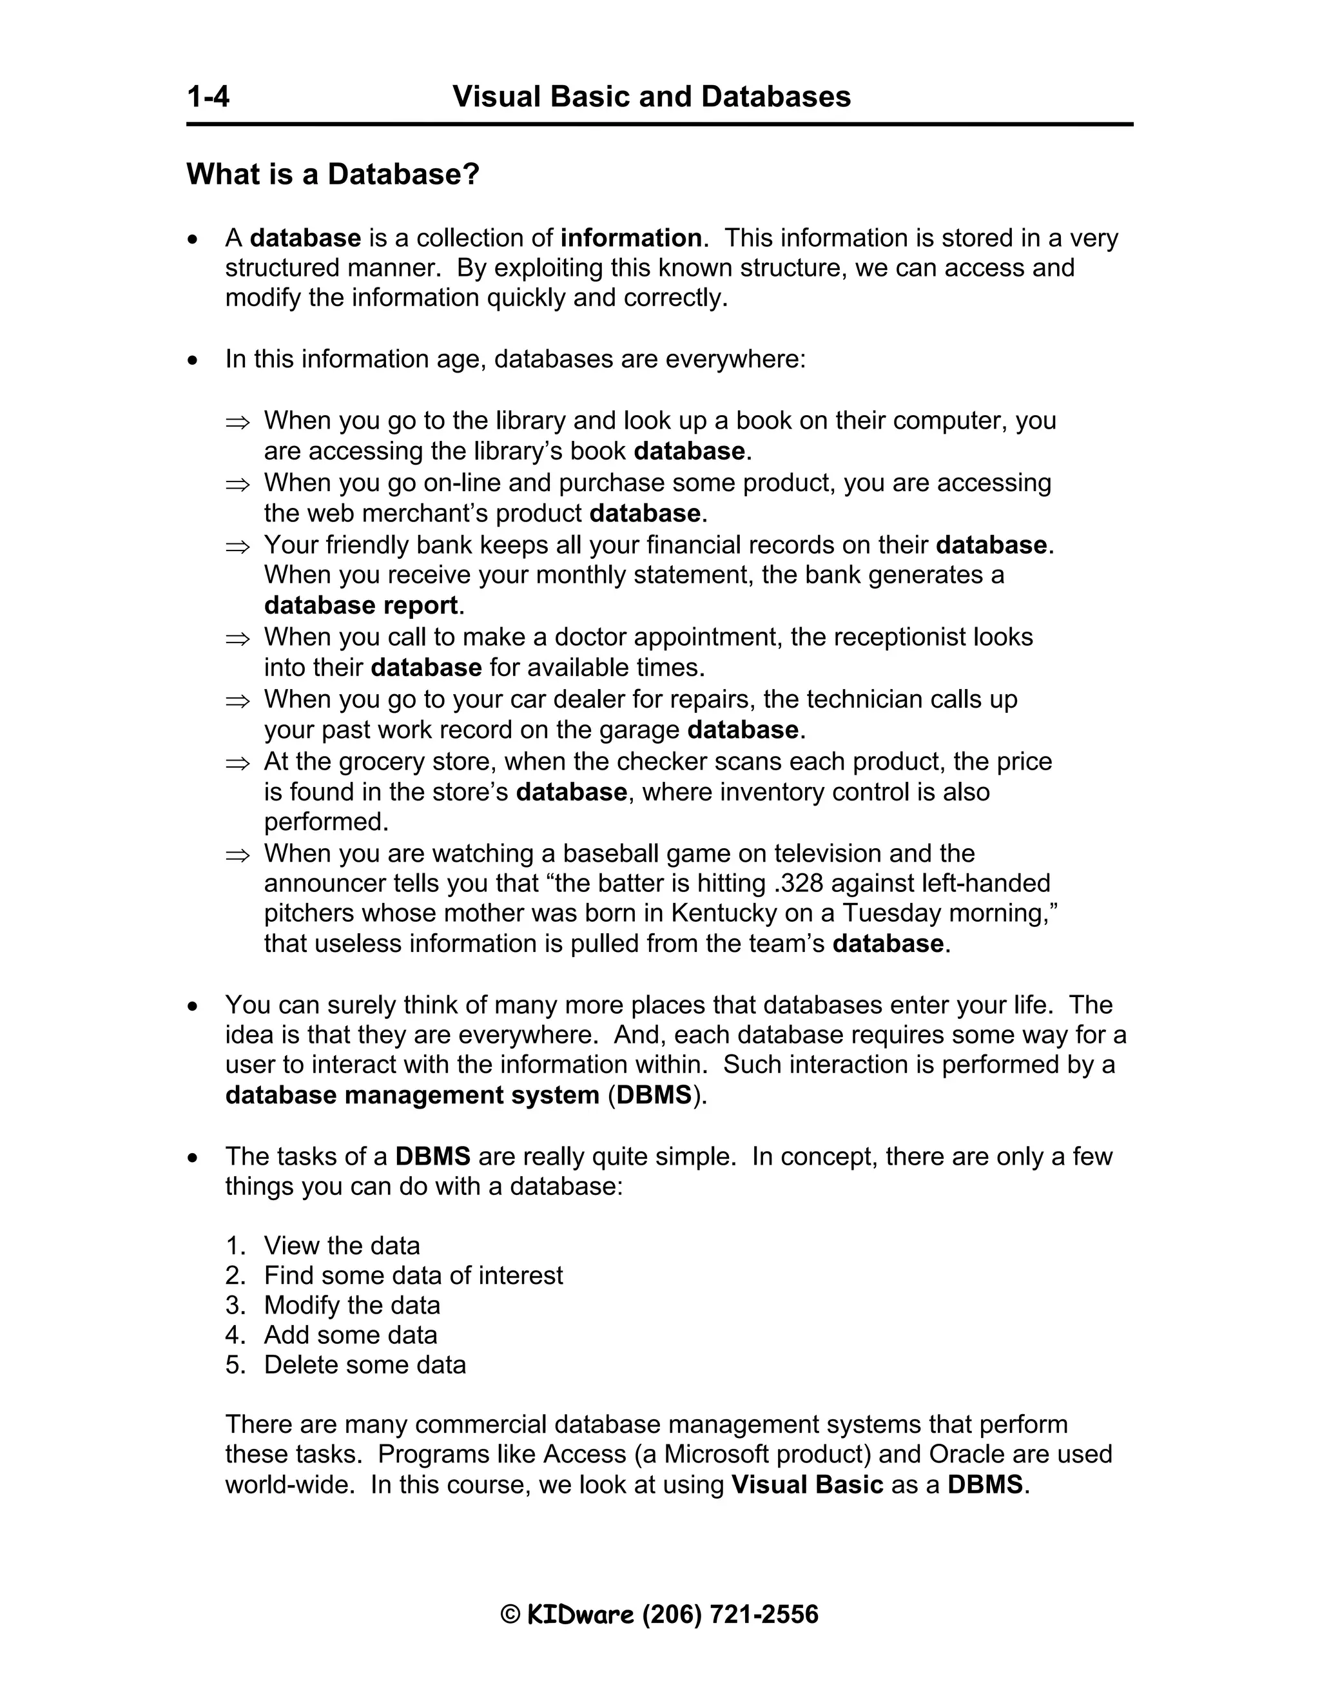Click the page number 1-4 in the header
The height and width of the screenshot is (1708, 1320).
pos(208,97)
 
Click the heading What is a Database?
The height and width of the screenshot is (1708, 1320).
pos(333,173)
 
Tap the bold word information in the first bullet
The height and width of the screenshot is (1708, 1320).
pos(631,238)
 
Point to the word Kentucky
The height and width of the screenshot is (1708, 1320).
pos(723,913)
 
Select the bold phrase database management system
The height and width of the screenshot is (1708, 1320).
pos(412,1095)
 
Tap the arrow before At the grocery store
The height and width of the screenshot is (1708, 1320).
pos(237,762)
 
